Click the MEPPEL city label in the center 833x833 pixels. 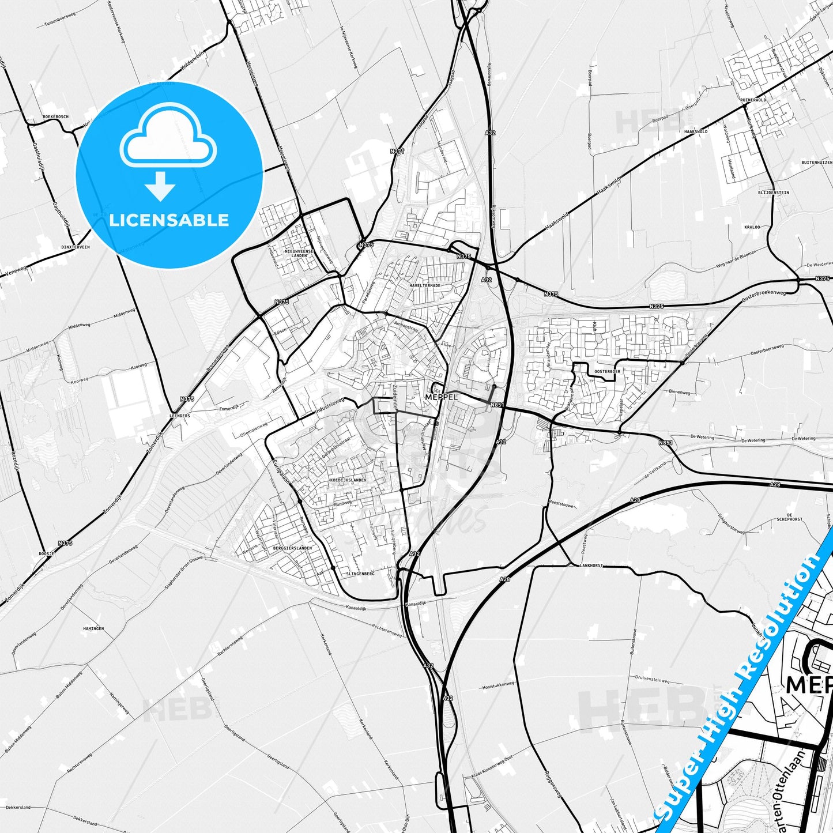(x=440, y=397)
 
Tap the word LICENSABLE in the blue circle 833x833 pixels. (x=169, y=220)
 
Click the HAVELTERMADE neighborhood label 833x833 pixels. (x=425, y=285)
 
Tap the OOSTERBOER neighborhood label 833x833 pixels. (x=607, y=372)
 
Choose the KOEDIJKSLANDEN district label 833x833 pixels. (x=349, y=480)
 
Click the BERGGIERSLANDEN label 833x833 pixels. (x=293, y=548)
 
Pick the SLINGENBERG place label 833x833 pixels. (x=361, y=574)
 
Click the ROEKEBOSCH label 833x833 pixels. (x=55, y=116)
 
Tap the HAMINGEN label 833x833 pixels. (x=93, y=629)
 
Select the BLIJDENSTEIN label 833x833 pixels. (x=774, y=193)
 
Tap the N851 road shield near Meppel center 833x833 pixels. (x=497, y=405)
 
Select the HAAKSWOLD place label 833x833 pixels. (x=695, y=131)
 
